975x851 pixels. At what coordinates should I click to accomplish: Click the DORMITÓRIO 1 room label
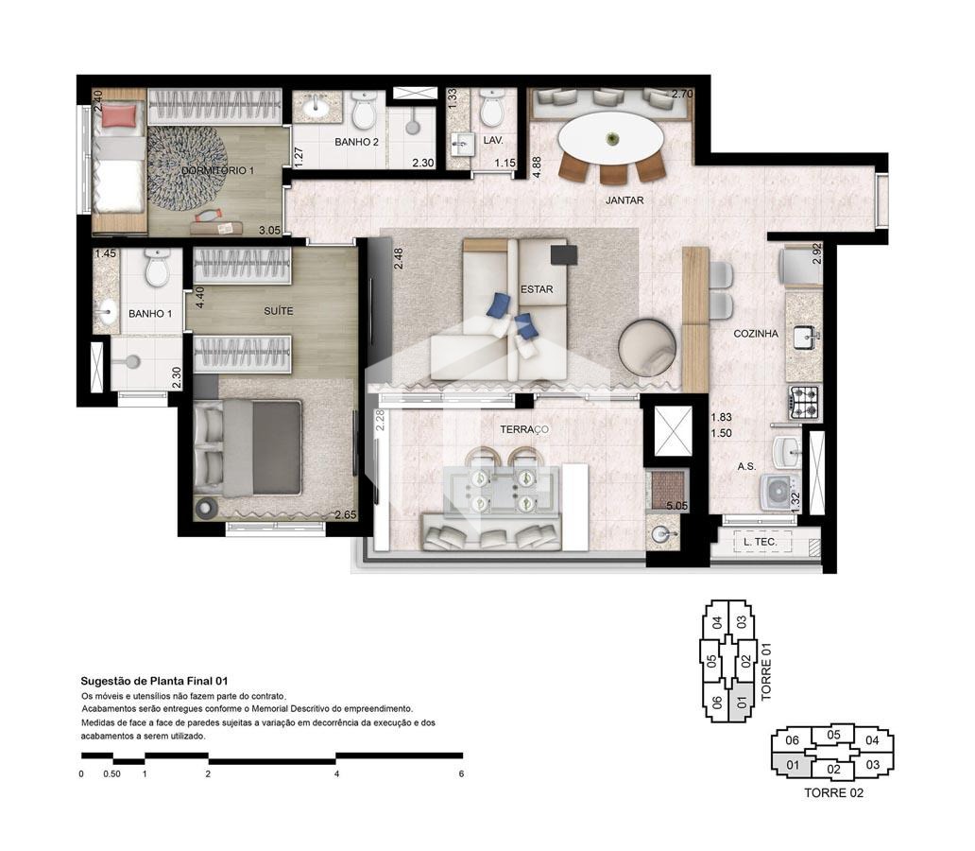(x=217, y=170)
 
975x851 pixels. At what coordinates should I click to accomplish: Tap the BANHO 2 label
(x=356, y=142)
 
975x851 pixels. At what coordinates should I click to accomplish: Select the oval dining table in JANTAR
(x=610, y=139)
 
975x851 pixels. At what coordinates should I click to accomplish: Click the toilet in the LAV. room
(x=492, y=109)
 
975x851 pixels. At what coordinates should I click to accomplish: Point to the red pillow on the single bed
(x=119, y=115)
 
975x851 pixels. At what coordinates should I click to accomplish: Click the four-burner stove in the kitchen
(x=805, y=402)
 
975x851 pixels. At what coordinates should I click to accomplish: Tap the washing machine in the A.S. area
(x=779, y=491)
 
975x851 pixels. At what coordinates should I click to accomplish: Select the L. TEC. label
(x=760, y=542)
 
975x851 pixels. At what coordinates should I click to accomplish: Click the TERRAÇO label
(x=524, y=429)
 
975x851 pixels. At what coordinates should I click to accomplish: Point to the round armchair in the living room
(x=647, y=347)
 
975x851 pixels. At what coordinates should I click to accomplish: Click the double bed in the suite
(x=248, y=448)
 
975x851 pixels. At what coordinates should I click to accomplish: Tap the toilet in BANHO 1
(x=157, y=268)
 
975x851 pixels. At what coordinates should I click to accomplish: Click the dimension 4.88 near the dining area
(x=537, y=166)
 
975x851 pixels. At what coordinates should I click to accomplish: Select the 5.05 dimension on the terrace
(x=676, y=506)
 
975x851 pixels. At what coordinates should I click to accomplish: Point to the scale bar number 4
(x=336, y=774)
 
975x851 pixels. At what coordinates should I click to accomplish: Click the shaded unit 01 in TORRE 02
(x=792, y=764)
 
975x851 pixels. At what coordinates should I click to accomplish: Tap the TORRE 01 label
(x=765, y=671)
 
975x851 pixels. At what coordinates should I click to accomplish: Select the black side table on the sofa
(x=563, y=254)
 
